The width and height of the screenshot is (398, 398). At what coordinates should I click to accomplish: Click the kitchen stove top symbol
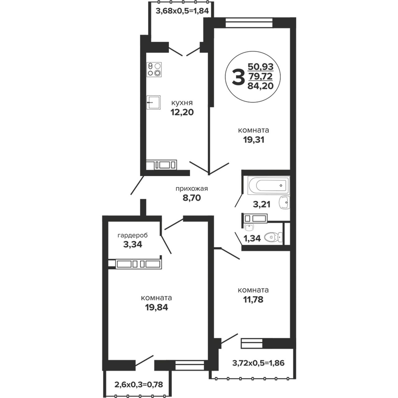point(154,70)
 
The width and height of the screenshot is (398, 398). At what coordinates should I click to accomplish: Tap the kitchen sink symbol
point(154,102)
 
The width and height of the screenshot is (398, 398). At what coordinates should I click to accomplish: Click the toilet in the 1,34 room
point(273,237)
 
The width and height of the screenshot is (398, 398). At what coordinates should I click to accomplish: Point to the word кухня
point(182,103)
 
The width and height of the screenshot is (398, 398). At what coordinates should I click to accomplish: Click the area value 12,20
point(182,112)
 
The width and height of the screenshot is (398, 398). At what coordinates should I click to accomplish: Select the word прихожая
point(192,188)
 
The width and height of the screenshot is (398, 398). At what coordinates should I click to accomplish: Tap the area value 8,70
point(192,198)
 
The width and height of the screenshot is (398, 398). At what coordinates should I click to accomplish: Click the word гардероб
point(132,235)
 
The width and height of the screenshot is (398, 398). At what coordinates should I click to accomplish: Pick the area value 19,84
point(156,308)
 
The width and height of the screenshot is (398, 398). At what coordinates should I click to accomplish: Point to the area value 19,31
point(254,140)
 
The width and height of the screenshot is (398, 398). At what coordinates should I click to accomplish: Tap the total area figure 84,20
point(261,86)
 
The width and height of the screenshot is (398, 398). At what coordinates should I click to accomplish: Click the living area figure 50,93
point(261,67)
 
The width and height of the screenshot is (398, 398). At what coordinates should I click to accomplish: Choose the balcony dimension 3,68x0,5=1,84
point(182,11)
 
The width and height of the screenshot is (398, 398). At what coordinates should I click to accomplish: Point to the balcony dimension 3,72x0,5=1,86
point(258,368)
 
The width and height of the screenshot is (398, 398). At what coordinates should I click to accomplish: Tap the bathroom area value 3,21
point(262,204)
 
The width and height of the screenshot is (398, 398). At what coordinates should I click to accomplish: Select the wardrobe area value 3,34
point(133,244)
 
